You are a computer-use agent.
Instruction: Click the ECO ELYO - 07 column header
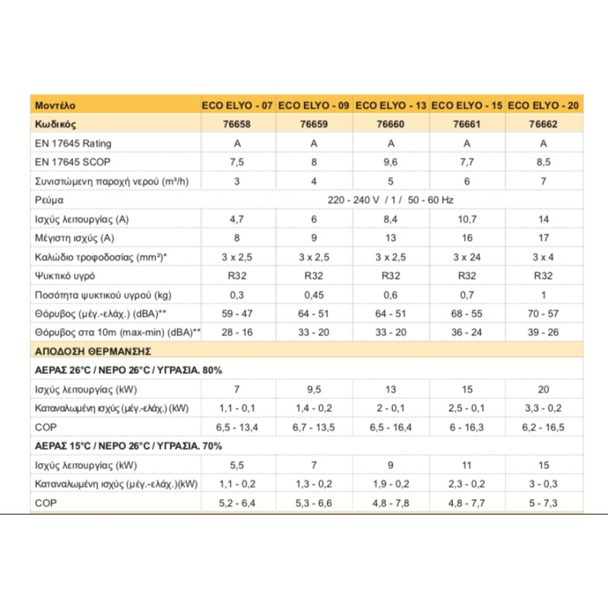click(x=237, y=105)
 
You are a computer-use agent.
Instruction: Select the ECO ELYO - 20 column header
click(x=543, y=105)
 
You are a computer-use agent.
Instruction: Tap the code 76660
click(x=390, y=124)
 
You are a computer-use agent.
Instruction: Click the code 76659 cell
click(x=313, y=124)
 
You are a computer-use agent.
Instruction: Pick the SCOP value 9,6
click(x=390, y=162)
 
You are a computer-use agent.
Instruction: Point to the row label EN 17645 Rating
click(x=73, y=143)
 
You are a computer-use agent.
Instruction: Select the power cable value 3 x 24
click(x=467, y=257)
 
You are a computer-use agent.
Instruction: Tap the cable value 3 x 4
click(x=543, y=257)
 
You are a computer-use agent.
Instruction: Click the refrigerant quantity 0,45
click(x=313, y=295)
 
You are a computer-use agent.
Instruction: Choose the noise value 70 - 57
click(x=543, y=313)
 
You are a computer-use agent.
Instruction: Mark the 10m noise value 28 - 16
click(x=237, y=332)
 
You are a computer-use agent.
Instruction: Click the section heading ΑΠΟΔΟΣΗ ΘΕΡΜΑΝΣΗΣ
click(x=93, y=351)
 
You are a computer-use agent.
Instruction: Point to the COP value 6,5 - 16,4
click(x=390, y=427)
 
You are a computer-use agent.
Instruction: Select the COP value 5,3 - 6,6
click(x=313, y=502)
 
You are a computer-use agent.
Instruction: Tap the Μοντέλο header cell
click(x=55, y=105)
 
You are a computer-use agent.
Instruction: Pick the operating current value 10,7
click(x=467, y=219)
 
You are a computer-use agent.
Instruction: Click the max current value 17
click(x=543, y=238)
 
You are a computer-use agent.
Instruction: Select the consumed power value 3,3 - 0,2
click(x=543, y=408)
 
